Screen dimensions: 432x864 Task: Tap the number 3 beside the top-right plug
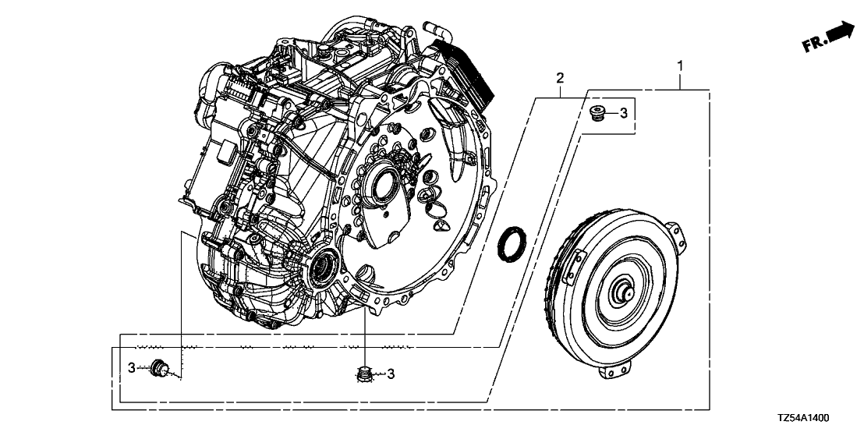click(624, 113)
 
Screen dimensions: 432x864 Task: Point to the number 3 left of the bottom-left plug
click(133, 367)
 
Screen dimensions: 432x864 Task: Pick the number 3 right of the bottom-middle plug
click(391, 374)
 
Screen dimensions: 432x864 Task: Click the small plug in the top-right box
click(599, 112)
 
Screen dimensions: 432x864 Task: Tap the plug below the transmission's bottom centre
click(363, 374)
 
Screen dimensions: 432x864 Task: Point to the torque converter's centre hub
click(625, 293)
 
